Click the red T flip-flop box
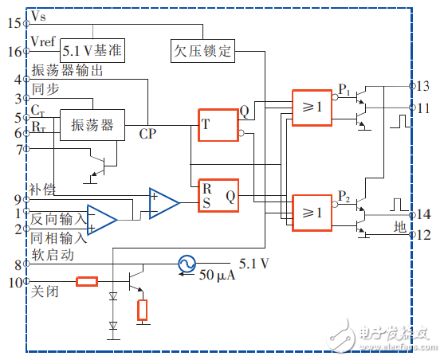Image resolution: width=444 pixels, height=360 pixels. [218, 123]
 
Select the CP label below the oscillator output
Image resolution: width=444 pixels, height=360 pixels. [148, 133]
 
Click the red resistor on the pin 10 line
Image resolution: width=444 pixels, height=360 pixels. [87, 281]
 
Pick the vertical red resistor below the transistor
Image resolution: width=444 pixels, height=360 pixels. [143, 309]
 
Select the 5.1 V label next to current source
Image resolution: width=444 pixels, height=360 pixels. [253, 261]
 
